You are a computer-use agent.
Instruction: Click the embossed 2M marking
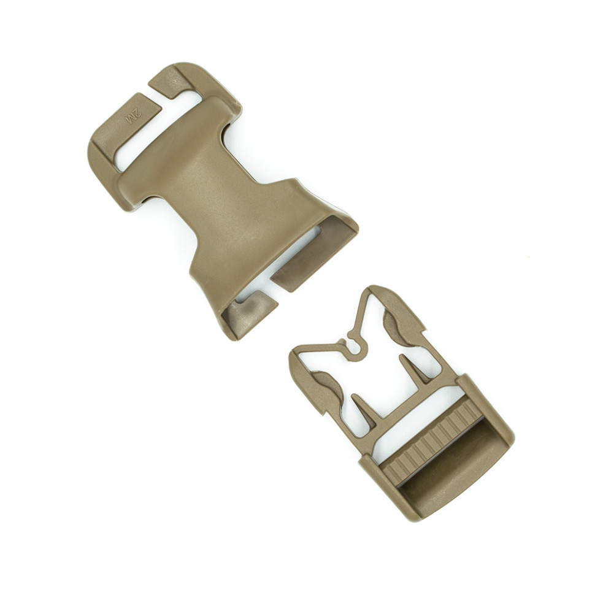134,115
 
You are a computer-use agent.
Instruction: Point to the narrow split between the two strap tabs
156,99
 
